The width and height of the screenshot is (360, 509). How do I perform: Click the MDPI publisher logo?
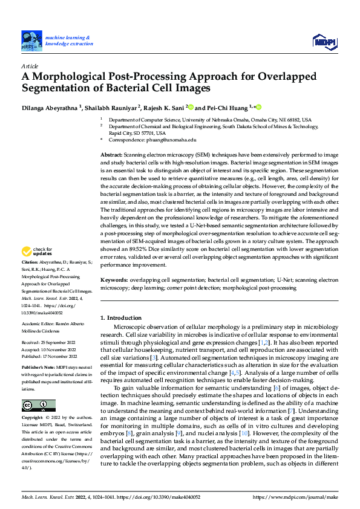[324, 41]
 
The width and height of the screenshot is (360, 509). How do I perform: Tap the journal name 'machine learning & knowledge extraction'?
[69, 40]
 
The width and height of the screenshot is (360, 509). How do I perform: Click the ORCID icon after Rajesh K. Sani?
[191, 108]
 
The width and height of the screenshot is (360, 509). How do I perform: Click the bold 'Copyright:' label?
[32, 418]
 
